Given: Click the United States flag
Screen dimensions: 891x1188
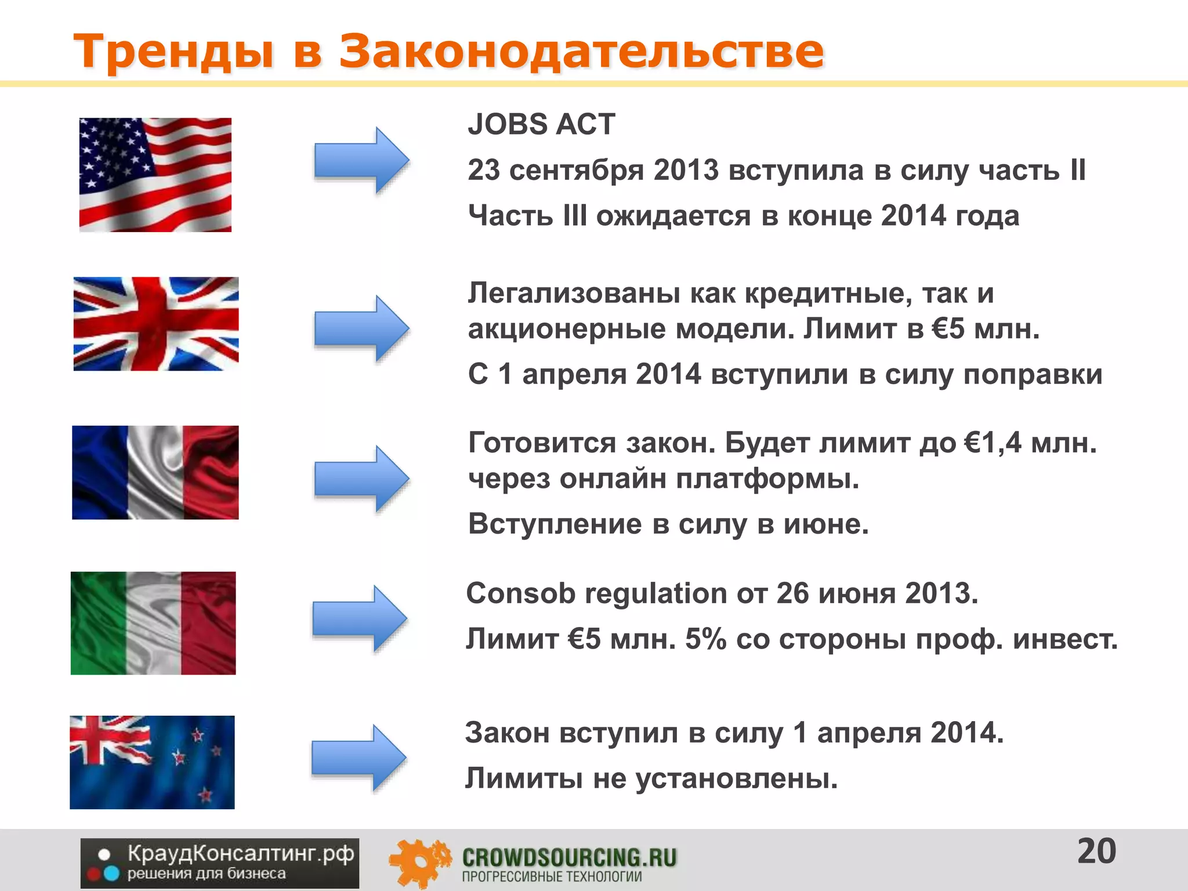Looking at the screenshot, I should [155, 175].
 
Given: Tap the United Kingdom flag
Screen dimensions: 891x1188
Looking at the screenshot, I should [155, 324].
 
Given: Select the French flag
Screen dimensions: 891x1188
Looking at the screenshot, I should [155, 472].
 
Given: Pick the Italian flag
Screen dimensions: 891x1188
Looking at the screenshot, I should [153, 623].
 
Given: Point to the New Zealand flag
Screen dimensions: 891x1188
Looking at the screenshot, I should [152, 762].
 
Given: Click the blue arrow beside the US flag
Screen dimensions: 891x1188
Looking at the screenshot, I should [361, 160].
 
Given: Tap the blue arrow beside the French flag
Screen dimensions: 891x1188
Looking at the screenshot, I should [361, 479].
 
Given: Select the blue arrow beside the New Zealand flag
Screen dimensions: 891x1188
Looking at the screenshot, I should [358, 758].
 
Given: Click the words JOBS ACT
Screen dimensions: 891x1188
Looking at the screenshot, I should [541, 124].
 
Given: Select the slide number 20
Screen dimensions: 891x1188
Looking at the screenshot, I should [1096, 852].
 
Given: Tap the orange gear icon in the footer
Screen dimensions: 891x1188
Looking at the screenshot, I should [419, 862].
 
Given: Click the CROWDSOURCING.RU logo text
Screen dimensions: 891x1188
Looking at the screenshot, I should [569, 857].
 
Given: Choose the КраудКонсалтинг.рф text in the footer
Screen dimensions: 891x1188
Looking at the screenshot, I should [240, 854].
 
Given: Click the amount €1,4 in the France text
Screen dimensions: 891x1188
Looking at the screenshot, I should [993, 443].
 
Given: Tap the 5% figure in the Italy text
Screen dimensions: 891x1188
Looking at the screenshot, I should [705, 639].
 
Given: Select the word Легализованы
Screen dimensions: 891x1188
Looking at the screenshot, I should [574, 293].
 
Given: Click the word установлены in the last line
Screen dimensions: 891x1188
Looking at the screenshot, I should [737, 778].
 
